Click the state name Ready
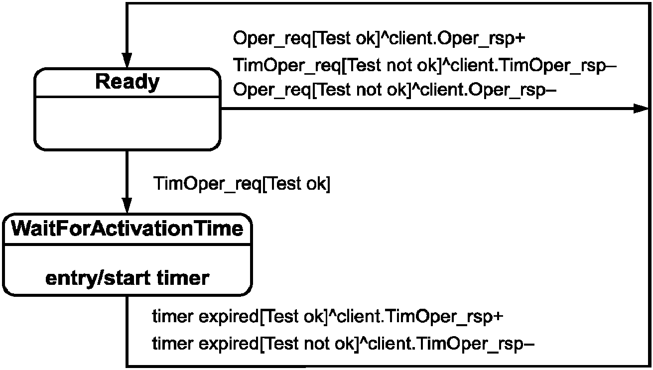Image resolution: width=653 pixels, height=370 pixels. (128, 83)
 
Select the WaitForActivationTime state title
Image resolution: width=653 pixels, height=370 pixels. (127, 229)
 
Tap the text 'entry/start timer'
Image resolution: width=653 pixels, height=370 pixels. (127, 278)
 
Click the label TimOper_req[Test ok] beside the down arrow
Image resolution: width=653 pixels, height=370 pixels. (242, 184)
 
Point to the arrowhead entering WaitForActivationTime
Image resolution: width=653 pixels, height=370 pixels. (127, 205)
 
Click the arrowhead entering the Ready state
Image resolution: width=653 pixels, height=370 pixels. (127, 61)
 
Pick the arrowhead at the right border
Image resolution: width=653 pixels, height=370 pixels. (642, 109)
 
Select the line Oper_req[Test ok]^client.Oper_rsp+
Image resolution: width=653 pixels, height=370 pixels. (379, 39)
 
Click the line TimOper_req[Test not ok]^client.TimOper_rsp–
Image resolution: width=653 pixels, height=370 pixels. (425, 66)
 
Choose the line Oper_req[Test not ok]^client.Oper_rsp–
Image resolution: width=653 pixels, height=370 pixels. (394, 90)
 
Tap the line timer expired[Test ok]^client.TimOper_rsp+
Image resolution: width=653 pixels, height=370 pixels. (328, 317)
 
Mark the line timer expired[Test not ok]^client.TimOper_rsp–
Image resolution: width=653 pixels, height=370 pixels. (343, 344)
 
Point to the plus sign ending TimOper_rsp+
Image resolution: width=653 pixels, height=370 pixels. (498, 317)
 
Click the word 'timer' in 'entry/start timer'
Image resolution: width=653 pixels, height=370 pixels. (183, 278)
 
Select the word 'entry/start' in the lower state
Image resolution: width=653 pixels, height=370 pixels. (98, 278)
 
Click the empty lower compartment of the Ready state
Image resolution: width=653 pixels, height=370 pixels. (127, 123)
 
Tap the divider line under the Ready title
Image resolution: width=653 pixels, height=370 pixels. (127, 97)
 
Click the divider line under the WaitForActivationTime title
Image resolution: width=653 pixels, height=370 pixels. (127, 245)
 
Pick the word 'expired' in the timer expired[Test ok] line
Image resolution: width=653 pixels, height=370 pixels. (228, 317)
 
